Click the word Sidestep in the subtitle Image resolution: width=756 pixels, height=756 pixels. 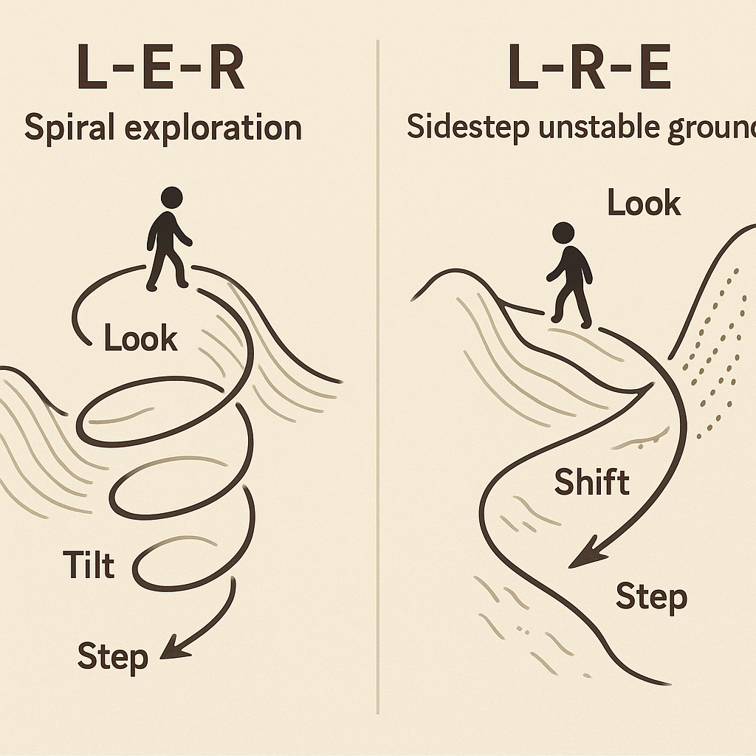coord(463,127)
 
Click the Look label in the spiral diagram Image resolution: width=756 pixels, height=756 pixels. coord(140,339)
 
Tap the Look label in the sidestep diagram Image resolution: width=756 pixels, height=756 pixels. coord(643,202)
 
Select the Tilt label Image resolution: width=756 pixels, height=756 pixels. coord(89,566)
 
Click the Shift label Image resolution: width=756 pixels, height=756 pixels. coord(591,483)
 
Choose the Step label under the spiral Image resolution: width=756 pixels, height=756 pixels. coord(113,656)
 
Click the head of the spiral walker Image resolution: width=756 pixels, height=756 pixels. coord(171,197)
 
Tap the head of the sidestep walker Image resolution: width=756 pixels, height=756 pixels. coord(563,232)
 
